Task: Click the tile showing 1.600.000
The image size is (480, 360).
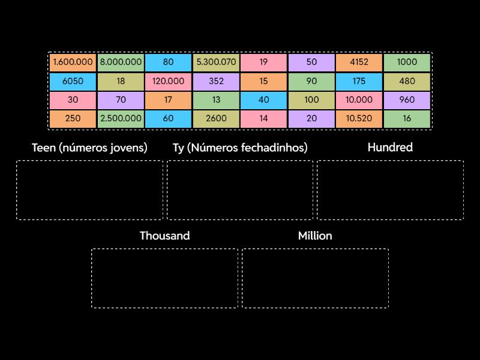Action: coord(73,62)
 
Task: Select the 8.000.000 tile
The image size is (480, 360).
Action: coord(121,62)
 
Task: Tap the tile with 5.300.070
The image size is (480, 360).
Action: coord(216,62)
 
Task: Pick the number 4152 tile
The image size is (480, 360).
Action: coord(359,62)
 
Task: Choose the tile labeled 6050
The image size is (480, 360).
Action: coord(73,81)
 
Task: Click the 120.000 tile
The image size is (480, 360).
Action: coord(168,81)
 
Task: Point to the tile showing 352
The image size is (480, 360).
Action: coord(216,81)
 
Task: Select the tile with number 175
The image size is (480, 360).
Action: coord(359,81)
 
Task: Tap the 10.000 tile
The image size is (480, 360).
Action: coord(359,100)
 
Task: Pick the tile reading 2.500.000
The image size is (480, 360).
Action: coord(121,119)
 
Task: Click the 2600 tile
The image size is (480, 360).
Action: coord(216,119)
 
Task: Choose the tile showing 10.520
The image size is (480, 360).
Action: coord(359,119)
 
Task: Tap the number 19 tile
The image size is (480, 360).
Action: coord(264,62)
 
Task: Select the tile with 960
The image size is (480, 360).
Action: coord(407,100)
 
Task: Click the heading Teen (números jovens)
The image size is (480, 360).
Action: coord(89,148)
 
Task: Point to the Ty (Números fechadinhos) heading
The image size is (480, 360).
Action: coord(240,148)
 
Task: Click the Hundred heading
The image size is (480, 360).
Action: coord(390,148)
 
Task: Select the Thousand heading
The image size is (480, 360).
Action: coord(165,236)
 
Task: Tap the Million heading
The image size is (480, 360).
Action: coord(315,236)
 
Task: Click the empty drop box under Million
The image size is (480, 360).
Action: coord(315,278)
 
